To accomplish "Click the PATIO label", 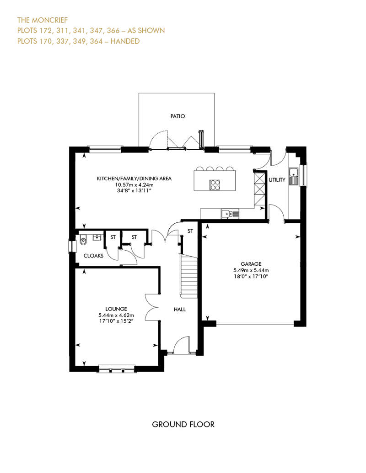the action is pyautogui.click(x=178, y=116).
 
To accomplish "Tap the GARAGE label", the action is pyautogui.click(x=251, y=264).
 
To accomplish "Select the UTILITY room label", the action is pyautogui.click(x=277, y=180).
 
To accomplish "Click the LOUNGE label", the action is pyautogui.click(x=116, y=309).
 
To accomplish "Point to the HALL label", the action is pyautogui.click(x=179, y=310).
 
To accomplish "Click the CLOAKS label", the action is pyautogui.click(x=93, y=256).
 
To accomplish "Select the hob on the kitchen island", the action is pyautogui.click(x=215, y=185).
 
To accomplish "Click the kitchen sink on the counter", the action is pyautogui.click(x=230, y=214).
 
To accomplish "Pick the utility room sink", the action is pyautogui.click(x=293, y=177).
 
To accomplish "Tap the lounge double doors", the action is pyautogui.click(x=152, y=307).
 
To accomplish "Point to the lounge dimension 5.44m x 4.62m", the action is pyautogui.click(x=116, y=315).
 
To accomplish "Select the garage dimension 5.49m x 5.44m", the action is pyautogui.click(x=251, y=270).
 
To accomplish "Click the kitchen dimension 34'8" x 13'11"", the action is pyautogui.click(x=134, y=191).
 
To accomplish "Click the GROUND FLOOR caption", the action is pyautogui.click(x=183, y=425).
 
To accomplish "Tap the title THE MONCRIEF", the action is pyautogui.click(x=43, y=20).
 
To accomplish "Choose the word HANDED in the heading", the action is pyautogui.click(x=125, y=41).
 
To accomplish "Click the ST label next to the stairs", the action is pyautogui.click(x=190, y=231).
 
